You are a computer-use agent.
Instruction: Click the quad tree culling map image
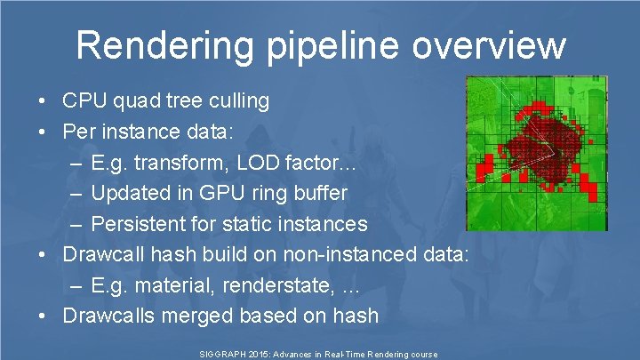[x=537, y=153]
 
